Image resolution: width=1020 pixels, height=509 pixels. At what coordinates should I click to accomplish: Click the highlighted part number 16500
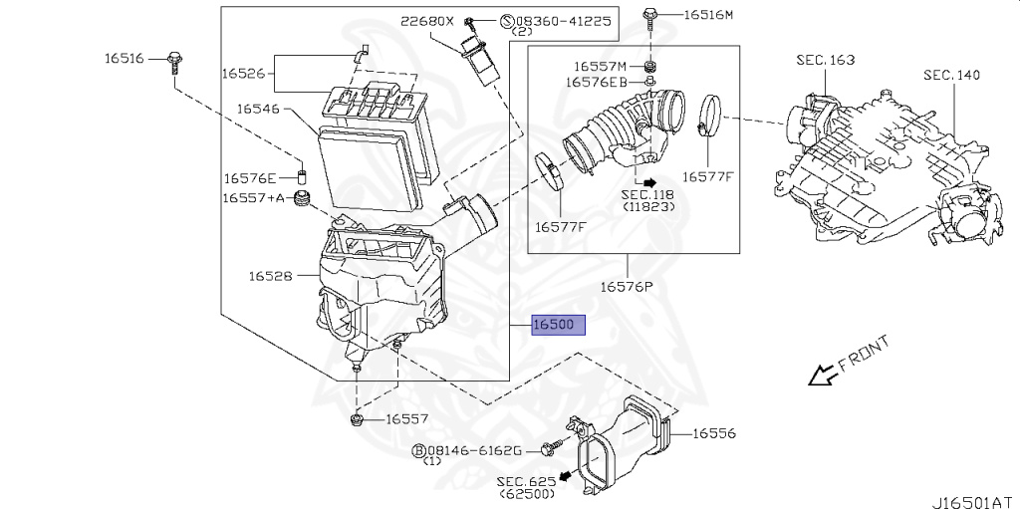pos(559,324)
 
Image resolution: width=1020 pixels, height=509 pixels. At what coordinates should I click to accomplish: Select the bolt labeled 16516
pos(174,62)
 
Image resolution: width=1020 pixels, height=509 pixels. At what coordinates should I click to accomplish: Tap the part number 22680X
pos(426,22)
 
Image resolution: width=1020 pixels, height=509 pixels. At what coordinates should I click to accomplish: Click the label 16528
pos(270,276)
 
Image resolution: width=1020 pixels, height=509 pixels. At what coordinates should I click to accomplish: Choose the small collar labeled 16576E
pos(302,177)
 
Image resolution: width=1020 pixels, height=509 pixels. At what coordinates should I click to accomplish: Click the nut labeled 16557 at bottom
pos(357,419)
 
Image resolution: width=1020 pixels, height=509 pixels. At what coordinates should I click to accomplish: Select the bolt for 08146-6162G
pos(551,448)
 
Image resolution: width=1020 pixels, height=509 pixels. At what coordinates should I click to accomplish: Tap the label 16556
pos(713,433)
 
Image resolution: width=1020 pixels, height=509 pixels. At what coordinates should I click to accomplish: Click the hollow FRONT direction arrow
pos(822,376)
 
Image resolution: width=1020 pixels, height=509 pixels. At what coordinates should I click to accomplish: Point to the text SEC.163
pos(826,60)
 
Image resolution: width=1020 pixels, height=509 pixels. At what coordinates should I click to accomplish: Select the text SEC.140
pos(951,75)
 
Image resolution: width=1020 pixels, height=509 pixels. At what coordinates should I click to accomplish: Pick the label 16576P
pos(627,287)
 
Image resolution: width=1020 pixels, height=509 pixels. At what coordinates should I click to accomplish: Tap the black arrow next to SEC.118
pos(649,183)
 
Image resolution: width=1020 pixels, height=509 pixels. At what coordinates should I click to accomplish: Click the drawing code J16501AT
pos(976,502)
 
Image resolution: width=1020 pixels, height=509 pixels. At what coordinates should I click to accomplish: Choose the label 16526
pos(243,73)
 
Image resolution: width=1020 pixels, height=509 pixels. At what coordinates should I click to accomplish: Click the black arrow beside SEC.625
pos(567,475)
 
